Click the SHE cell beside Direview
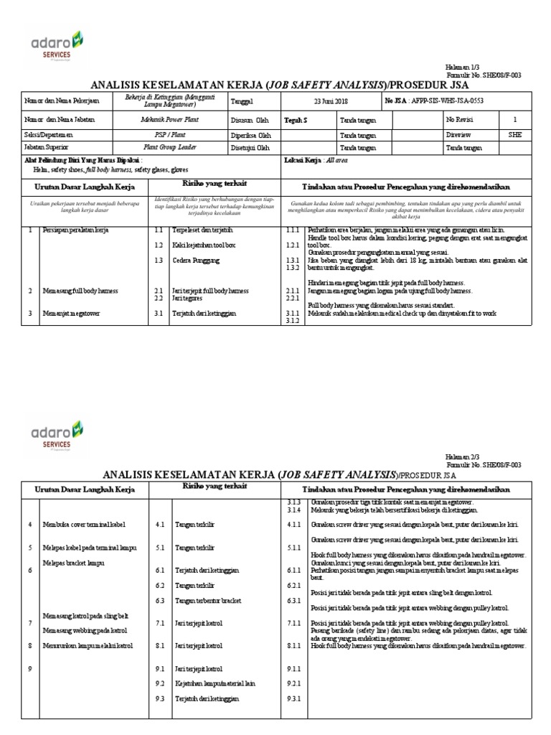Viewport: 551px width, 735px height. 514,134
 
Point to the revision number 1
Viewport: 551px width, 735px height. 514,119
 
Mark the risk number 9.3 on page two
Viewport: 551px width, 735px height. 160,698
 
